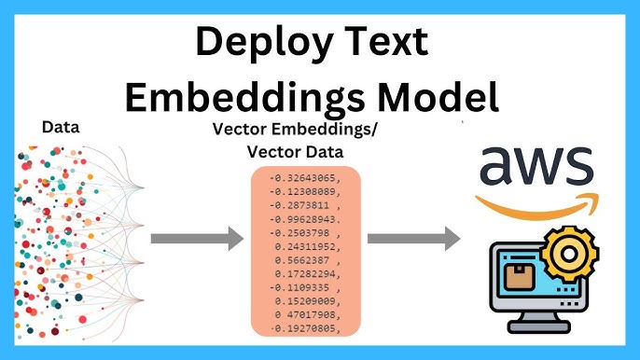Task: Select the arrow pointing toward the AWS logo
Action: coord(413,239)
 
